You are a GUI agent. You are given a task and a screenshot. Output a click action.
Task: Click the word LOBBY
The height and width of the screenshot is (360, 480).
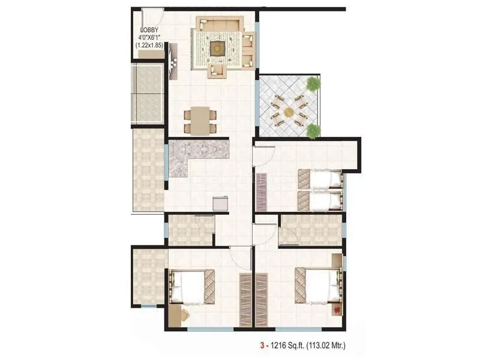(150, 29)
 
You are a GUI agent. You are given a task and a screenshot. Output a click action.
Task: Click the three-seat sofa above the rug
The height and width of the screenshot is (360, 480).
(221, 25)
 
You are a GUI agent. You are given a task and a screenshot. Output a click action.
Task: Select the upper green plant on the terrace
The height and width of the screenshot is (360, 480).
(313, 85)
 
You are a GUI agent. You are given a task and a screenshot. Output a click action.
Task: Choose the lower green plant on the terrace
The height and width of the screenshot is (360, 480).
(313, 130)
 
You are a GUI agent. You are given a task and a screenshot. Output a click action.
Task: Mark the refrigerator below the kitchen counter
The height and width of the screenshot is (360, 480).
(220, 203)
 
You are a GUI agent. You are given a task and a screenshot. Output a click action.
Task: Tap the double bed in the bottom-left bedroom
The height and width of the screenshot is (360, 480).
(191, 287)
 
